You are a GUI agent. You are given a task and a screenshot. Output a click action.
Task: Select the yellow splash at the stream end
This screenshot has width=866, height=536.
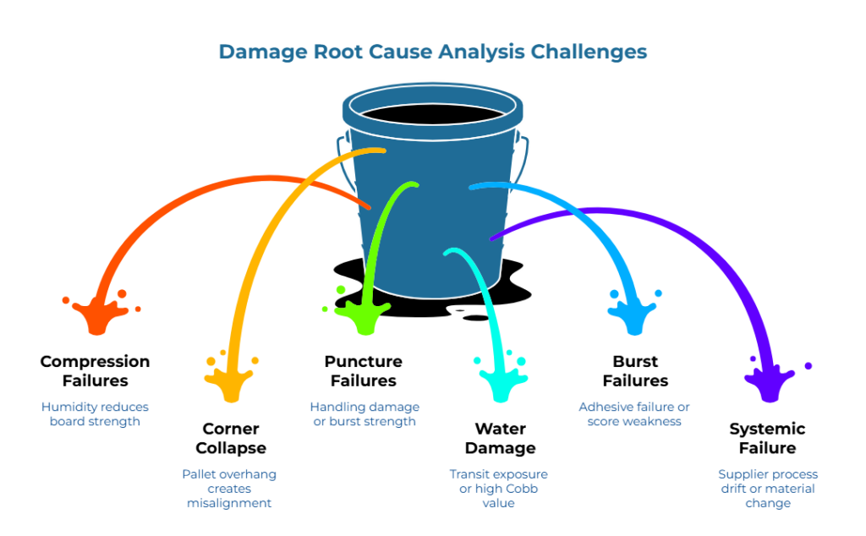point(230,381)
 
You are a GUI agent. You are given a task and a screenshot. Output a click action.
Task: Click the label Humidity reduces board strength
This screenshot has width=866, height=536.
point(95,413)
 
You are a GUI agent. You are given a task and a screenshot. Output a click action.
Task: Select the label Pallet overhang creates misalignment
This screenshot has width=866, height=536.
point(229,488)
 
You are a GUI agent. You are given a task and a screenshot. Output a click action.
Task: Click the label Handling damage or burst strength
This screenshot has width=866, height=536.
point(364,413)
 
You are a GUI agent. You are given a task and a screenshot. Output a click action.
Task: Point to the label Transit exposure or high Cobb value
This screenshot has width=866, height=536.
point(497,488)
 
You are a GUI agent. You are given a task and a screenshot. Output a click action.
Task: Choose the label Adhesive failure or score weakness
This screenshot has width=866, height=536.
point(633,413)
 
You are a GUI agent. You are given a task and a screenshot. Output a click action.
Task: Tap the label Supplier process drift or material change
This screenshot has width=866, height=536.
point(768,488)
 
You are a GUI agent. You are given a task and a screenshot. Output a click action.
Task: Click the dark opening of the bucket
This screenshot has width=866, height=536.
point(429,114)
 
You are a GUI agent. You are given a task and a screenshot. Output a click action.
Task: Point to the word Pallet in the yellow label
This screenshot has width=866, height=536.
point(197,473)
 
